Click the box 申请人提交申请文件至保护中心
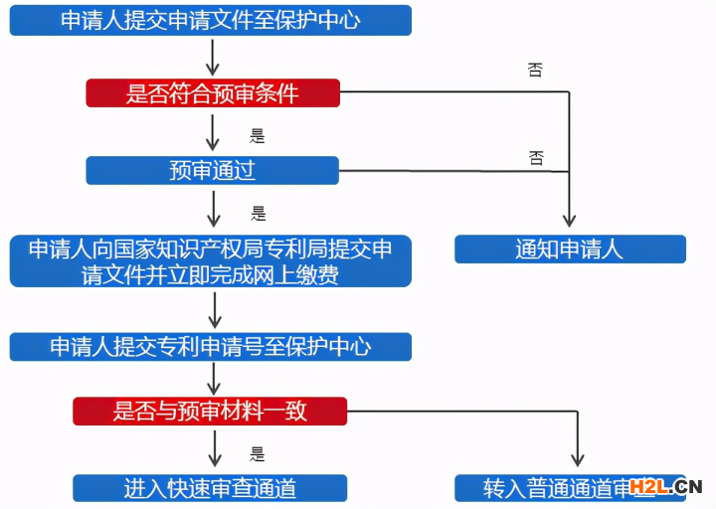point(210,20)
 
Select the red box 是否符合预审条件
point(213,93)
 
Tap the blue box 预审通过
point(213,170)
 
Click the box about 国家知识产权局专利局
point(210,260)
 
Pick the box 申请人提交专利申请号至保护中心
point(210,346)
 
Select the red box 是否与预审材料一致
point(210,411)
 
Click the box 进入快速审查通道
point(210,488)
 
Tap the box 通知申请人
point(570,249)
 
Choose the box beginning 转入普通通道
point(570,488)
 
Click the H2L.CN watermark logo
point(673,486)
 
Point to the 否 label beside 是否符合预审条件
point(535,71)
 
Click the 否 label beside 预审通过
point(536,158)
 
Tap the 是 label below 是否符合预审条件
point(258,136)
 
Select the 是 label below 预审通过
point(259,213)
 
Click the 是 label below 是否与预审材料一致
point(258,454)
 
